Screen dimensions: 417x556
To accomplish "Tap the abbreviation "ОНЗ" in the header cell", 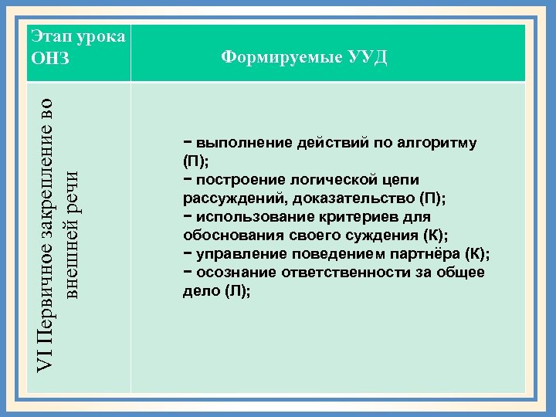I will click(x=49, y=59).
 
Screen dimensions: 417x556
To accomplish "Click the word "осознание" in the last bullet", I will click(x=231, y=272).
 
